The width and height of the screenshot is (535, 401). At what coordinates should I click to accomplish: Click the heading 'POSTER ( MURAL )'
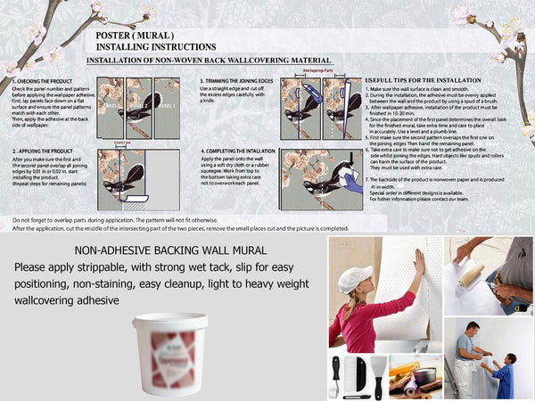[133, 35]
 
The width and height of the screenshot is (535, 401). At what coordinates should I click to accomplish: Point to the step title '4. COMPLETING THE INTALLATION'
[237, 151]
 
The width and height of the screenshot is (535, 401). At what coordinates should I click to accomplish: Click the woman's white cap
[355, 277]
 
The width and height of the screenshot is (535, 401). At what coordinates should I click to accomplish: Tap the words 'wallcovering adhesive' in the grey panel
[66, 300]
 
